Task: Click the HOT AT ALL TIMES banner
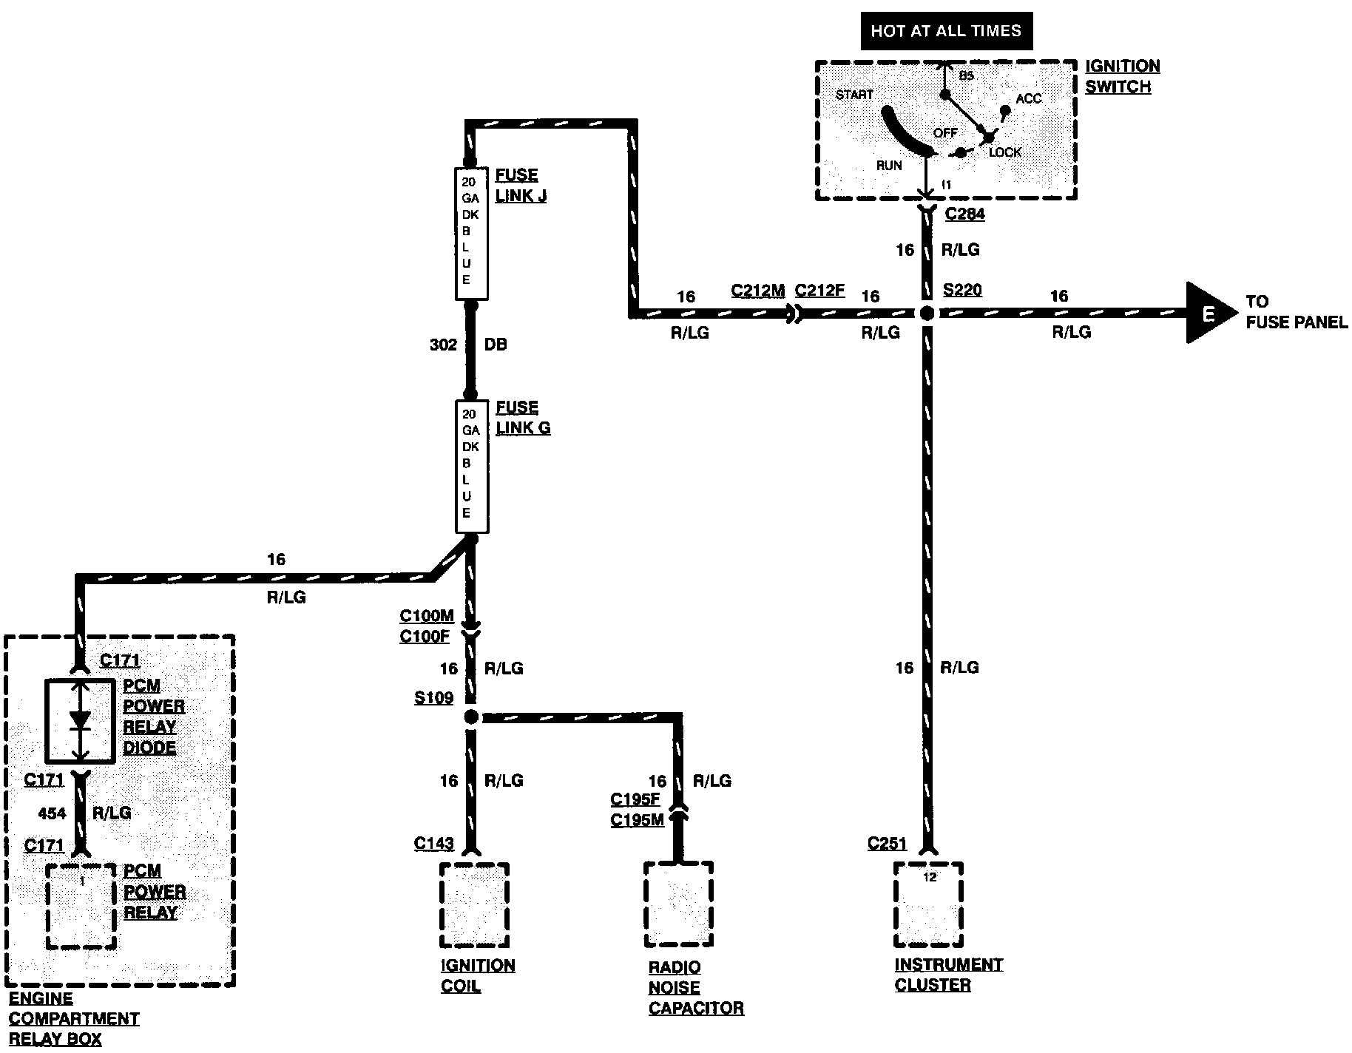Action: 946,31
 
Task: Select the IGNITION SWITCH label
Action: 1122,76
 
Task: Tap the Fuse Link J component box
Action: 470,234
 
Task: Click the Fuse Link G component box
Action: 470,467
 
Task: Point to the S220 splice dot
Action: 927,314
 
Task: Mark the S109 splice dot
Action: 470,717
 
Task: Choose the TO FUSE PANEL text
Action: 1297,312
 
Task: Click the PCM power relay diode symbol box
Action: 81,721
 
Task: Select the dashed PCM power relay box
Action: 81,905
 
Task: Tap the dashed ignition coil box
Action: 474,904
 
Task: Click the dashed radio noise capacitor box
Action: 678,904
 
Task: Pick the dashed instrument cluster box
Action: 928,904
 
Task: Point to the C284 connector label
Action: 964,214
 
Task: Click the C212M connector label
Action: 757,291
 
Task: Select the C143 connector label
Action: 434,843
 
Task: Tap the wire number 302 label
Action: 443,345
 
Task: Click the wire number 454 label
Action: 52,813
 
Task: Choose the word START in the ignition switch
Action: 854,95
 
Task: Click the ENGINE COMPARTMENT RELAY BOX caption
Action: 74,1019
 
